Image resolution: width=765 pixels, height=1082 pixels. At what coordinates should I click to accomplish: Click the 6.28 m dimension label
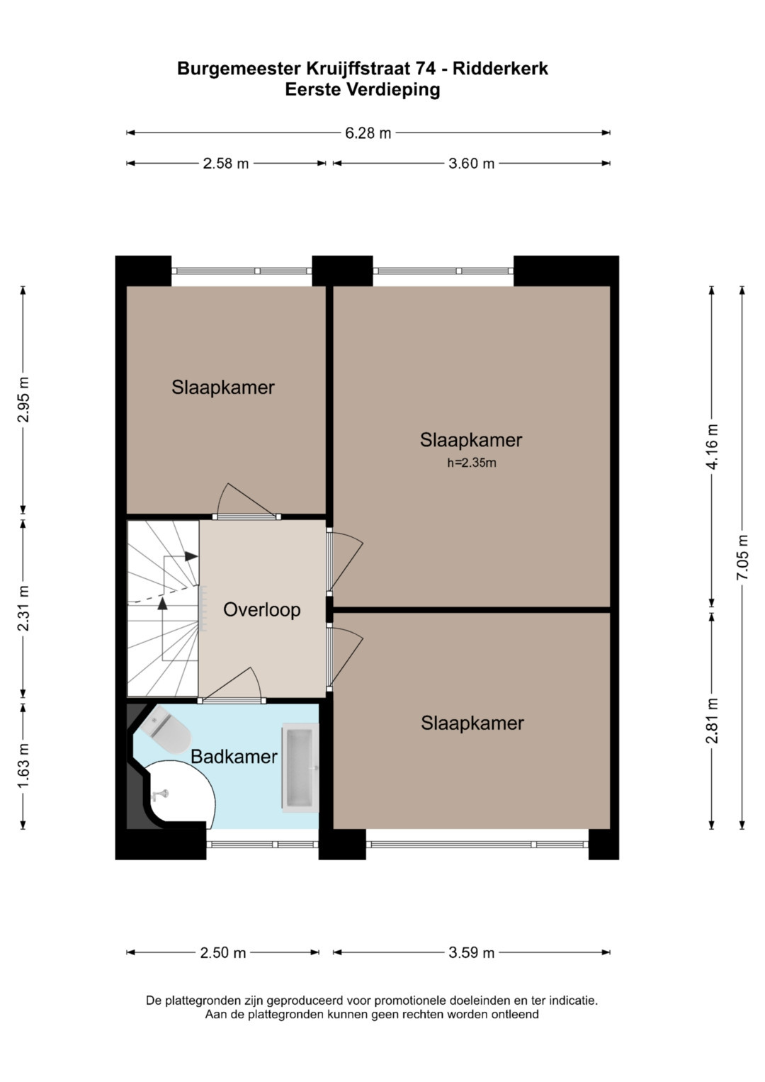(x=368, y=133)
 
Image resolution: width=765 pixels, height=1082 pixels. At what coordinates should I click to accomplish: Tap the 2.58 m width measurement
(x=225, y=164)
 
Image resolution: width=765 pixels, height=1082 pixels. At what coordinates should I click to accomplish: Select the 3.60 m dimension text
(x=471, y=164)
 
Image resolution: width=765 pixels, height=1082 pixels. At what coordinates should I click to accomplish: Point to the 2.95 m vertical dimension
(x=23, y=400)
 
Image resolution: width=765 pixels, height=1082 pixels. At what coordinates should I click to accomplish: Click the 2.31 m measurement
(x=23, y=608)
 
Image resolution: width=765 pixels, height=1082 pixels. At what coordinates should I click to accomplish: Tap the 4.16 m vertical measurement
(x=712, y=446)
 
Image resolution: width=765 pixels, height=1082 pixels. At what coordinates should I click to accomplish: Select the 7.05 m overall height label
(x=742, y=558)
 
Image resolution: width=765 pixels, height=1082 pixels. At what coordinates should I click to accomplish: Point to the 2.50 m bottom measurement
(x=223, y=953)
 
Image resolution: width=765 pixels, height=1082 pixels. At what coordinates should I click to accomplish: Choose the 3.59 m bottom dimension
(x=471, y=953)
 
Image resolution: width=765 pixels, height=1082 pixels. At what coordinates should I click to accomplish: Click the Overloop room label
(x=262, y=609)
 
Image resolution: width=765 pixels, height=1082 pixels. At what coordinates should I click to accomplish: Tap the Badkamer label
(x=234, y=757)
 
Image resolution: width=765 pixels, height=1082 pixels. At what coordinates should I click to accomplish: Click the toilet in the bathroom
(x=164, y=729)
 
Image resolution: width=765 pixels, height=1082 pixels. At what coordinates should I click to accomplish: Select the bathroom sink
(x=300, y=767)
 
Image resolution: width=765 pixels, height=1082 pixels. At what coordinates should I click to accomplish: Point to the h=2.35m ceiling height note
(x=471, y=463)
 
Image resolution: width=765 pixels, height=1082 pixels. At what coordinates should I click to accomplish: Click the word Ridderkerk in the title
(x=500, y=69)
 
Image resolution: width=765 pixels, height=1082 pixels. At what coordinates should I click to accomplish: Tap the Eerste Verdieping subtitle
(x=363, y=90)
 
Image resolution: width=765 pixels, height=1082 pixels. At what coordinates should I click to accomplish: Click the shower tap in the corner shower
(x=159, y=794)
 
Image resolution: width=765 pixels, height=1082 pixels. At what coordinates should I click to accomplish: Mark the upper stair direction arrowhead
(x=191, y=556)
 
